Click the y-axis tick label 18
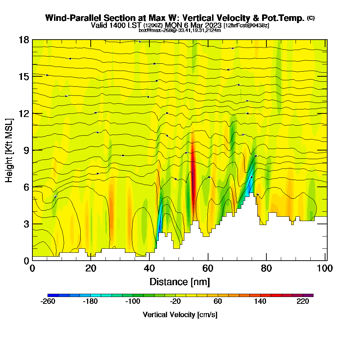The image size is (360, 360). coord(24,40)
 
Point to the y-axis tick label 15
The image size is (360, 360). coord(24,76)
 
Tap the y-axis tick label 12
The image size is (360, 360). coord(24,113)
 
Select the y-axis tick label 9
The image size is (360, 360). coord(26,150)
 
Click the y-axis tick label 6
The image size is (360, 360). coord(26,187)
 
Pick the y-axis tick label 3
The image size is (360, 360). coord(26,224)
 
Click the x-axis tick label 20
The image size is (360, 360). coord(91,268)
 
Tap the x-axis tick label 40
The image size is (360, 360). coord(149,268)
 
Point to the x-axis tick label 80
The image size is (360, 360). coord(266,268)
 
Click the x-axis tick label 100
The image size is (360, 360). coord(325,268)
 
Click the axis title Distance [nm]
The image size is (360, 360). coord(180,281)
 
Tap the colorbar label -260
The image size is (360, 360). coord(48,302)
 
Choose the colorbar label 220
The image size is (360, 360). coord(303,302)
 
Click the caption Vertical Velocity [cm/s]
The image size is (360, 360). coord(180,315)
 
